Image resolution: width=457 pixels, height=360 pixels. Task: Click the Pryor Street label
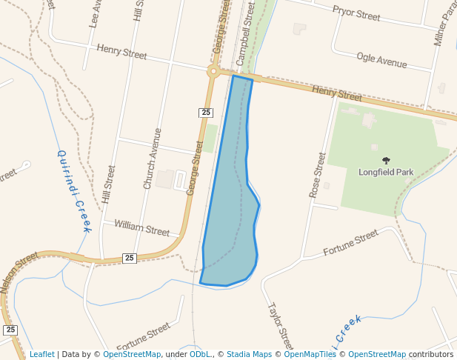(x=356, y=14)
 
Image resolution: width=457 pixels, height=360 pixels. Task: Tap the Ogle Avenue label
(x=381, y=61)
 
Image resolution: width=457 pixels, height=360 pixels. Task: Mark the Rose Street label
(x=318, y=174)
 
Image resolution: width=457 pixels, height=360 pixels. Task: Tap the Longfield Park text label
(x=386, y=172)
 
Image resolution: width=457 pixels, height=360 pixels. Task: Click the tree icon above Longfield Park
(x=386, y=160)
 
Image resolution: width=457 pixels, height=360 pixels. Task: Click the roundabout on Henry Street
(x=213, y=71)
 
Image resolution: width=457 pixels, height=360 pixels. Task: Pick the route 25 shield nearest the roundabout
(x=206, y=113)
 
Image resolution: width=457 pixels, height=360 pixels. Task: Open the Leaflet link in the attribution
(x=41, y=354)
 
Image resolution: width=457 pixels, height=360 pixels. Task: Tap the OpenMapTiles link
(x=310, y=354)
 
